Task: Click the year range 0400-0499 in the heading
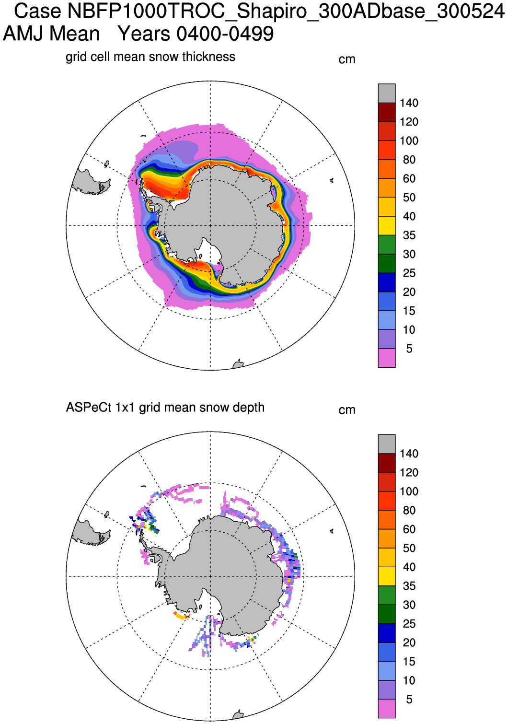coord(225,34)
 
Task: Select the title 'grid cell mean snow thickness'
coord(150,57)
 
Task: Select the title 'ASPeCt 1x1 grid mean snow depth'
coord(165,408)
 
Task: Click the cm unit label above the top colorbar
coord(347,60)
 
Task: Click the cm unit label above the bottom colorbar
coord(347,410)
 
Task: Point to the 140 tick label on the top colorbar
coord(409,103)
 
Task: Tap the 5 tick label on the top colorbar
coord(409,349)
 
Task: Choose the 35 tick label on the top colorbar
coord(409,235)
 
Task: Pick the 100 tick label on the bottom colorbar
coord(409,491)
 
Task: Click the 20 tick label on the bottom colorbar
coord(409,642)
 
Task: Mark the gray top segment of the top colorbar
coord(387,93)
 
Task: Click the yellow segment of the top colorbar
coord(387,226)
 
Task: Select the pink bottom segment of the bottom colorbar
coord(387,709)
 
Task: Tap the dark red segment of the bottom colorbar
coord(387,463)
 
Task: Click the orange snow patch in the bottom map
coord(181,616)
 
